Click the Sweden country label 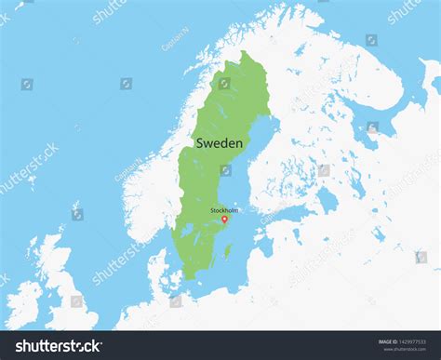point(220,143)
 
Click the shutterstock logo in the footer point(59,347)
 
